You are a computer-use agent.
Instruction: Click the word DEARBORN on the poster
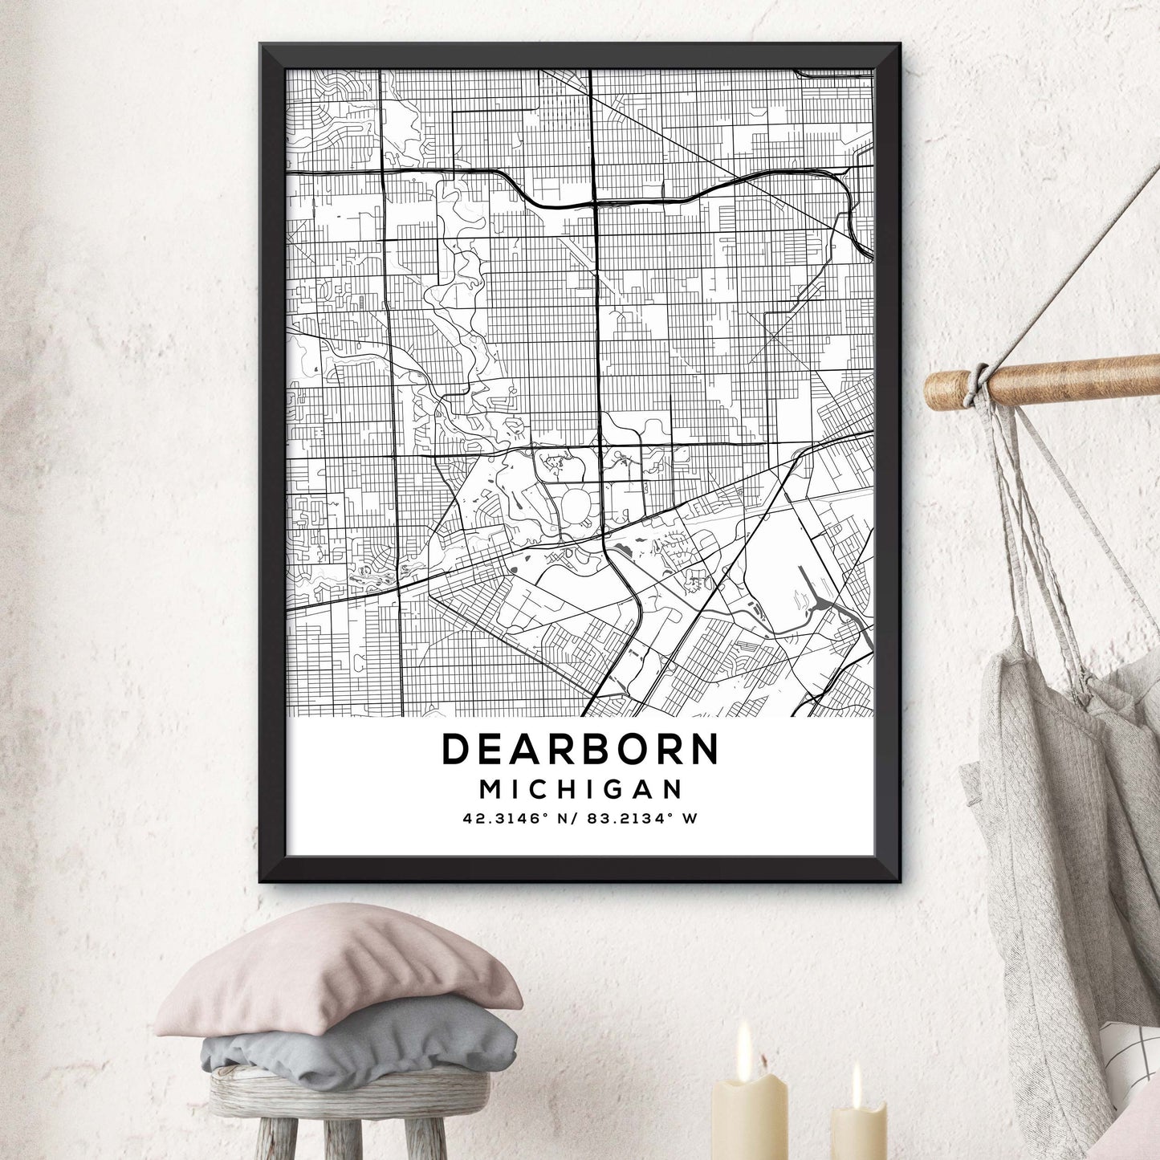[x=580, y=749]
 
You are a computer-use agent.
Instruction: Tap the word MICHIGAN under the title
[x=580, y=789]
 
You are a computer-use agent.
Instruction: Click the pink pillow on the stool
[x=337, y=971]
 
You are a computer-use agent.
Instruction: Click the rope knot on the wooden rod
[x=977, y=383]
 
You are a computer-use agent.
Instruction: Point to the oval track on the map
[x=576, y=504]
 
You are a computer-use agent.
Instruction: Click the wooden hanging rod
[x=1068, y=379]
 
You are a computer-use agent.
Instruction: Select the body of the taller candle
[x=750, y=1120]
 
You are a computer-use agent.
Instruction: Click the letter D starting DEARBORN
[x=455, y=749]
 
